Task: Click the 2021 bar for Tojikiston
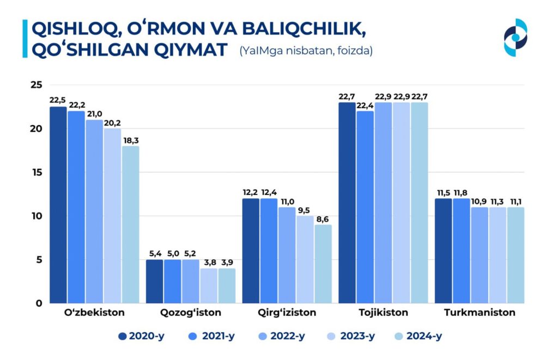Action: click(x=365, y=207)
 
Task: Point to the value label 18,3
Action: click(x=130, y=140)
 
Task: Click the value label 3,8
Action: click(x=209, y=262)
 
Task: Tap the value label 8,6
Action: click(x=323, y=219)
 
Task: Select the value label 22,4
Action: click(x=365, y=105)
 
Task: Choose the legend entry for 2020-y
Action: click(x=141, y=336)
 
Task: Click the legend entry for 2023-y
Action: click(x=350, y=336)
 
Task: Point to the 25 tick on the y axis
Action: click(x=37, y=85)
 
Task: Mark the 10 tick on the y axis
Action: click(x=37, y=216)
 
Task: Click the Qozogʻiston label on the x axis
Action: click(x=191, y=313)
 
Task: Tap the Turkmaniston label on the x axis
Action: click(x=480, y=313)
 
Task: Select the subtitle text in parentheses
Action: click(x=306, y=51)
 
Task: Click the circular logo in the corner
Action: click(x=515, y=38)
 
